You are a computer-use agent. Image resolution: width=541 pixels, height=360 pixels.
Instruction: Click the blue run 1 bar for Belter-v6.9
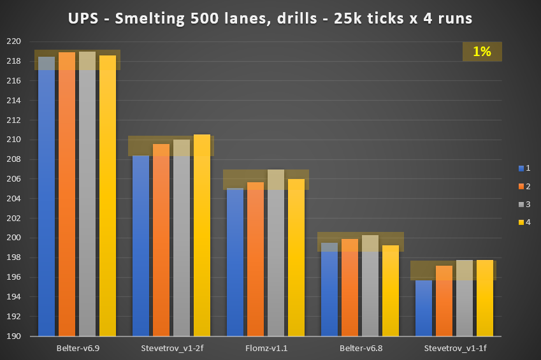coord(47,198)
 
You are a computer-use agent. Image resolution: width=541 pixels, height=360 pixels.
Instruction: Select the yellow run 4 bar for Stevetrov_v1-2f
coord(202,236)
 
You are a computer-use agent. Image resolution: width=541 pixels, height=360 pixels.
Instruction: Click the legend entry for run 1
coord(524,168)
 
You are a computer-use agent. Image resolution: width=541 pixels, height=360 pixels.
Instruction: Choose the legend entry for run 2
coord(524,186)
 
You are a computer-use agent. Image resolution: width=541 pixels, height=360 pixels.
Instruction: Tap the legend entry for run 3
coord(524,204)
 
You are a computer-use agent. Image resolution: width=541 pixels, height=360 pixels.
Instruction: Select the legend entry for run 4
coord(524,222)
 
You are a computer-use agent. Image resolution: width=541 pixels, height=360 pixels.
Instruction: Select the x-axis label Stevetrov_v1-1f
coord(454,348)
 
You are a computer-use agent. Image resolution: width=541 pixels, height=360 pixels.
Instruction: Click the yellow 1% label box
coord(482,52)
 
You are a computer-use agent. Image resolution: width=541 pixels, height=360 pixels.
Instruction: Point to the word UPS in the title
coord(82,18)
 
